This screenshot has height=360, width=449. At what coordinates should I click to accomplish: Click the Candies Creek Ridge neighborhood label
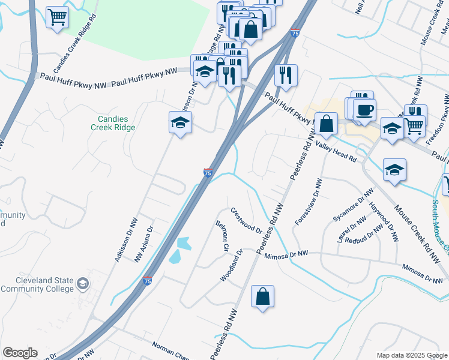[113, 123]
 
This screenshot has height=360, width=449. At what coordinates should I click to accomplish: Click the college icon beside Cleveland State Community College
[83, 283]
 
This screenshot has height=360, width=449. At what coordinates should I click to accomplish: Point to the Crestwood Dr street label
[247, 221]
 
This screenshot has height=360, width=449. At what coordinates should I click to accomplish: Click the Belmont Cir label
[223, 235]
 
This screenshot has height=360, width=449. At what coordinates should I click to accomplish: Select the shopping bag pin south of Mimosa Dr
[262, 296]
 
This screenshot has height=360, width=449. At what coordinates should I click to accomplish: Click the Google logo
[20, 353]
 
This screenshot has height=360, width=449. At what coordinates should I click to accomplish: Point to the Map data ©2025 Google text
[412, 355]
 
